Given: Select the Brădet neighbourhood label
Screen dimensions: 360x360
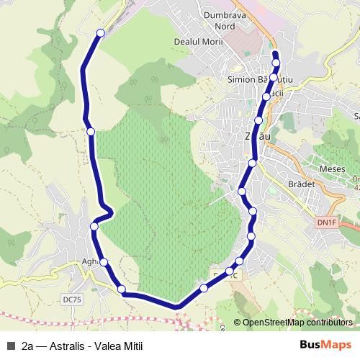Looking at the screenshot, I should [x=301, y=184].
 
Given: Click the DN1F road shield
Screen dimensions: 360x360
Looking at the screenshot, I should [x=326, y=223].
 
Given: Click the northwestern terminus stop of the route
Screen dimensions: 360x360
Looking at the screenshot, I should [x=101, y=32].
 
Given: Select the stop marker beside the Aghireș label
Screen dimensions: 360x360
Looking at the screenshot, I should [x=104, y=262].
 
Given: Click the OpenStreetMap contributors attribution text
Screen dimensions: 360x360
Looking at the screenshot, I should [x=297, y=323].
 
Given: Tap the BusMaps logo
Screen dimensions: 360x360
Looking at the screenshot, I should [x=325, y=345].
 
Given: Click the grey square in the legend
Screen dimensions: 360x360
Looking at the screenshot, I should [x=11, y=346].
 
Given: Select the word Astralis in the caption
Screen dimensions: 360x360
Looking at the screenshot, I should [x=70, y=346].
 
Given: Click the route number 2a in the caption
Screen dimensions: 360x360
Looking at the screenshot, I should [x=28, y=346].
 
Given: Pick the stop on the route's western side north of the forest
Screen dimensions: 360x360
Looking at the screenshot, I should [x=91, y=131].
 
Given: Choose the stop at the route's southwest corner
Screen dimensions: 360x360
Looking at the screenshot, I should [x=122, y=289].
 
